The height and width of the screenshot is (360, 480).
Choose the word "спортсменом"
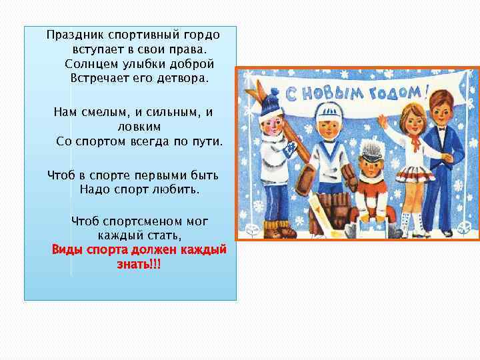click(139, 221)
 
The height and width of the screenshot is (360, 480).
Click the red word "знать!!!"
click(139, 264)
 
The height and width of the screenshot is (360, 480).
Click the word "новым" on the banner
click(332, 95)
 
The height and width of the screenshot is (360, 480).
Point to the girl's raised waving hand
click(382, 122)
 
